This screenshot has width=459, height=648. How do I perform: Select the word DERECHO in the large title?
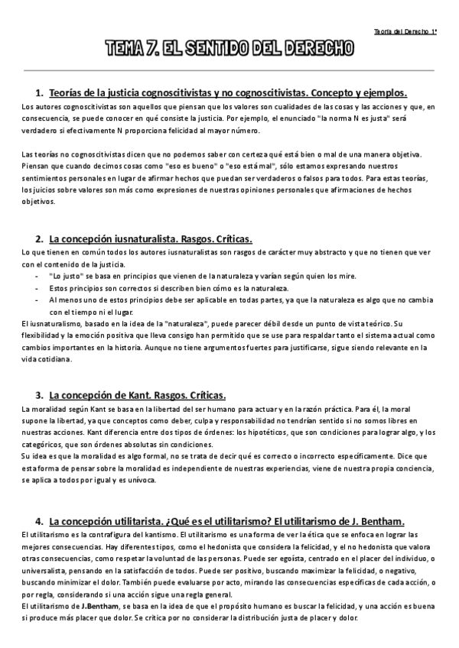tap(317, 50)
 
